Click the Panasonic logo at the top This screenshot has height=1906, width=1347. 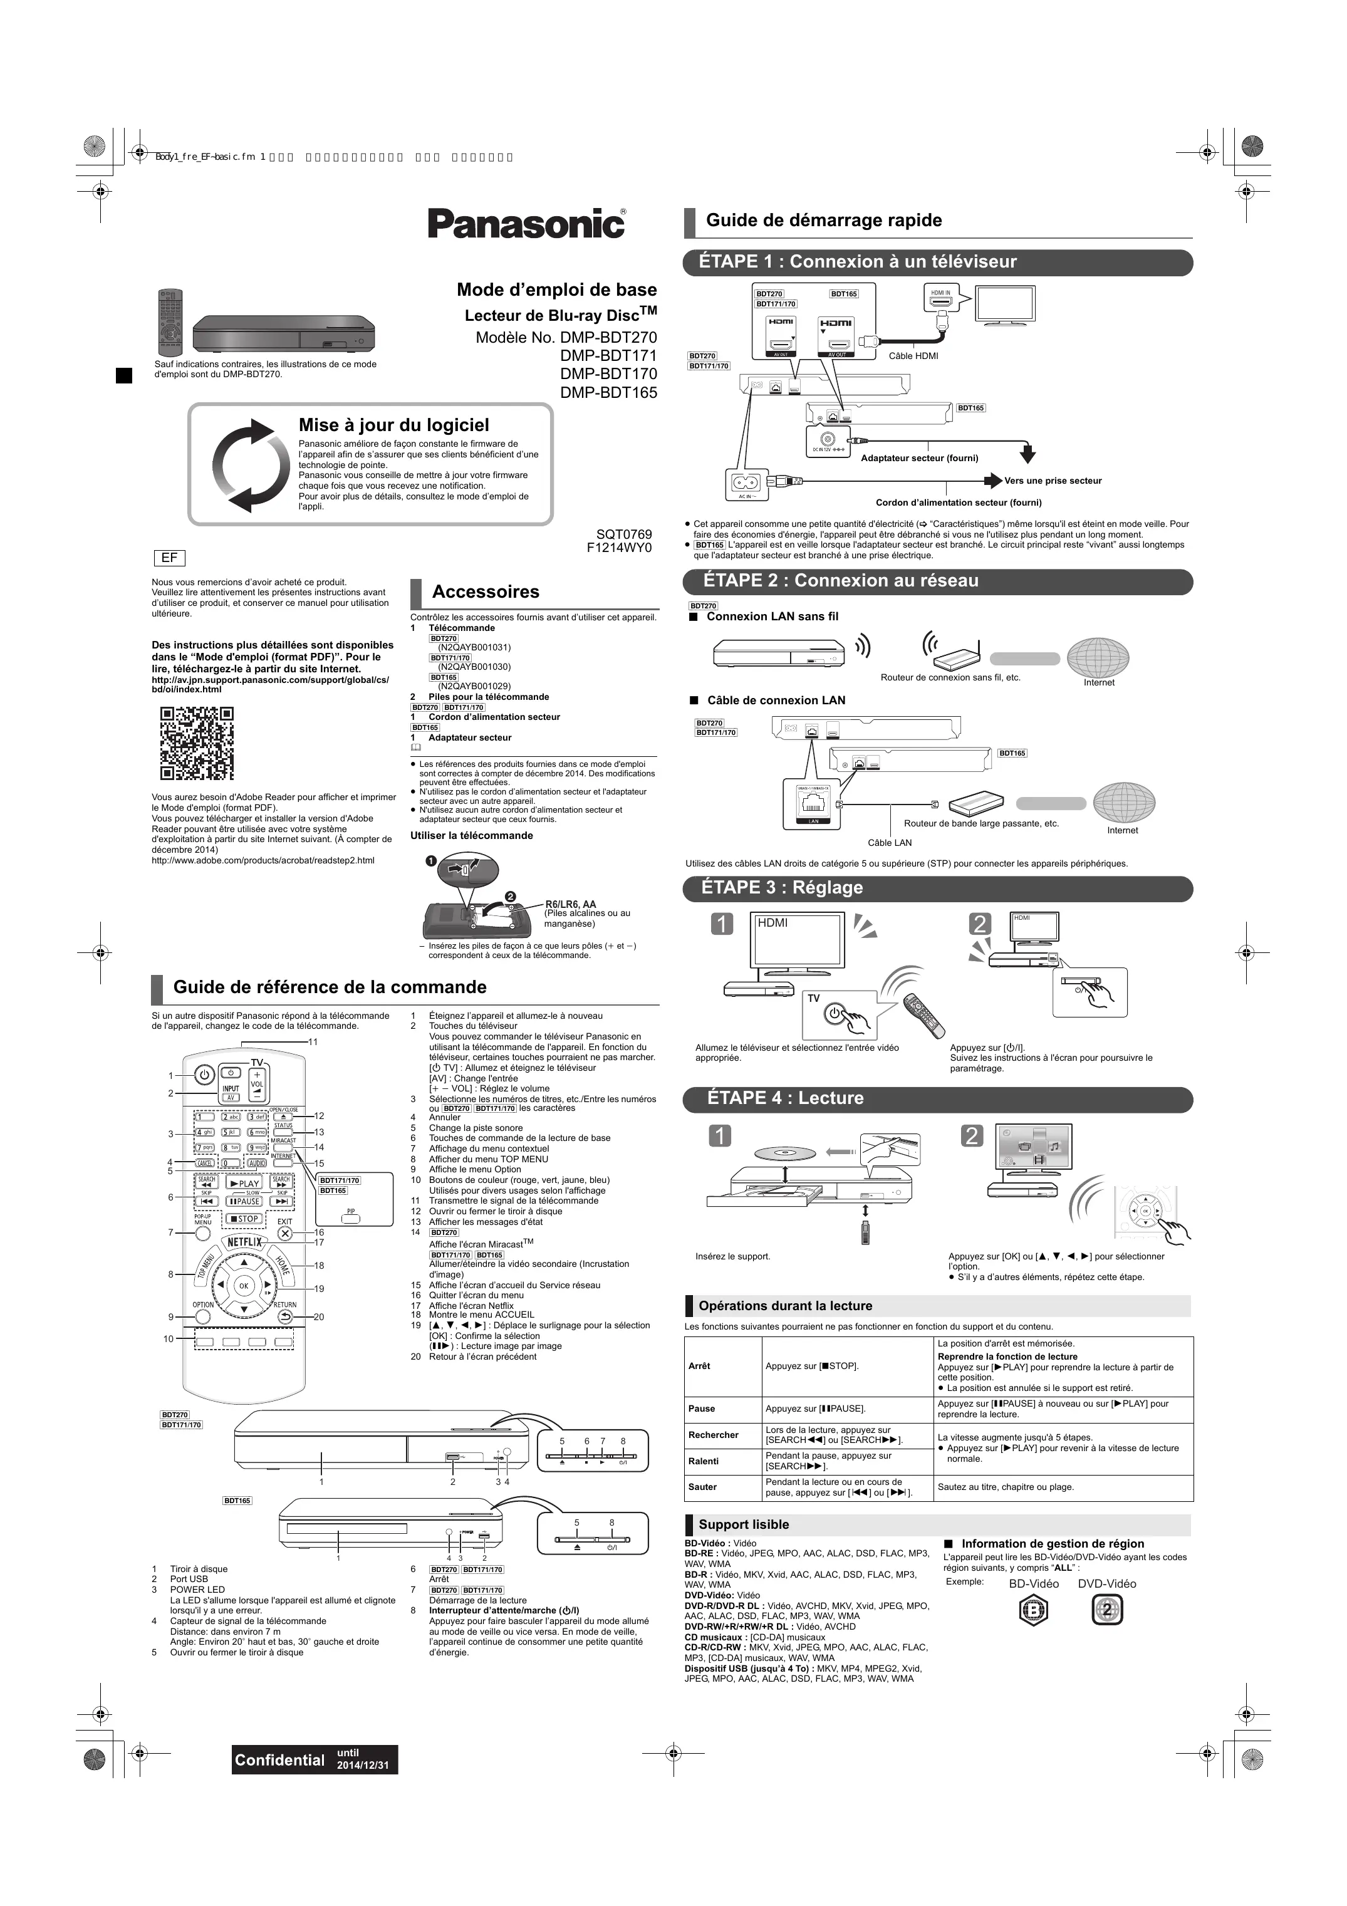click(x=526, y=223)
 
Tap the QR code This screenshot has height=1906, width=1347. click(x=197, y=743)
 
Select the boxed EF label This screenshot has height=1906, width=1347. click(x=169, y=558)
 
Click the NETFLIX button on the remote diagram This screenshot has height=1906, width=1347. click(x=244, y=1242)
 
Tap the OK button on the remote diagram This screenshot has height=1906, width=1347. click(x=243, y=1286)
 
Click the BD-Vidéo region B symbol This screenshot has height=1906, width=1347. click(x=1033, y=1610)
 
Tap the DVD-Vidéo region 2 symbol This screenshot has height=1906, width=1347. click(x=1107, y=1610)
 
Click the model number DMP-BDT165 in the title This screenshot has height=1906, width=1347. click(x=608, y=393)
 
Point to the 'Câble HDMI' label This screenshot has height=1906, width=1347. click(x=913, y=356)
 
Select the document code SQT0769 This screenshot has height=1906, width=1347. click(x=624, y=534)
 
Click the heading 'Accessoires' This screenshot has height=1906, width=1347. click(x=486, y=592)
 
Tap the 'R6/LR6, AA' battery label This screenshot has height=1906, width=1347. click(x=570, y=904)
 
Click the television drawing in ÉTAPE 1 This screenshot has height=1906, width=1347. click(x=1005, y=309)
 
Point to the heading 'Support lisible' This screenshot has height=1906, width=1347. click(x=744, y=1524)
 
